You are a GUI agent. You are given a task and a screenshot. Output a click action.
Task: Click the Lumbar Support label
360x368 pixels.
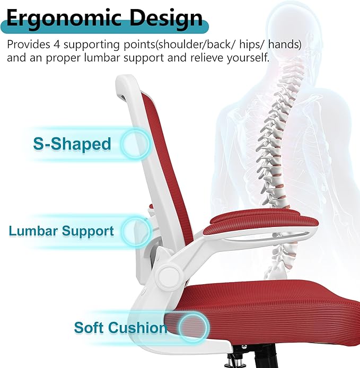[x=61, y=231]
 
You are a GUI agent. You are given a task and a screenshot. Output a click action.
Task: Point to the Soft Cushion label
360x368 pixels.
[x=120, y=327]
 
